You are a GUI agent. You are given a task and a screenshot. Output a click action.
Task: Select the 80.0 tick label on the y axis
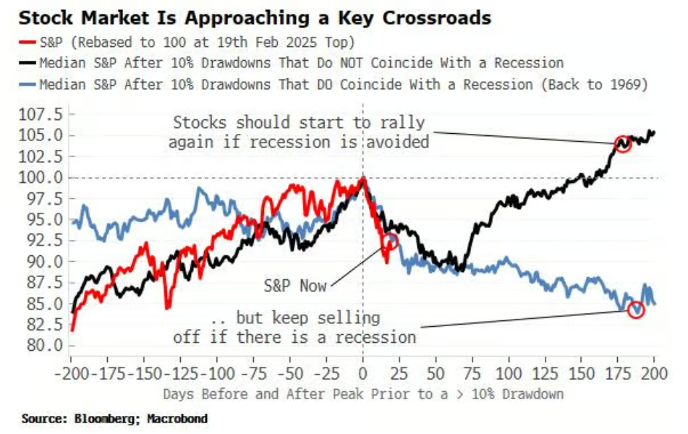[x=45, y=345]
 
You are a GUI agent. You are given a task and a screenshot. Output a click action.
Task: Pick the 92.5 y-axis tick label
[x=45, y=240]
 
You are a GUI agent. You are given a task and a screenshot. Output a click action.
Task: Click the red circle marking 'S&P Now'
[x=391, y=242]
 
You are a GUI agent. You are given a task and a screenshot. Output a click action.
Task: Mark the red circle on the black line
[x=622, y=144]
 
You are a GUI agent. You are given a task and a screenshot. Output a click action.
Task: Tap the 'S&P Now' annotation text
[x=297, y=285]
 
